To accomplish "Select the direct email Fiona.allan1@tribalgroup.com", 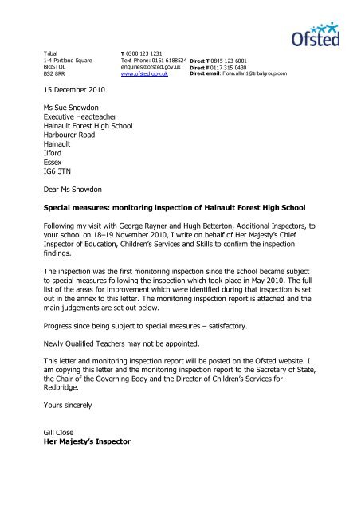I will [x=275, y=74].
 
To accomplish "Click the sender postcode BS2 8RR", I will [x=56, y=74].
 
